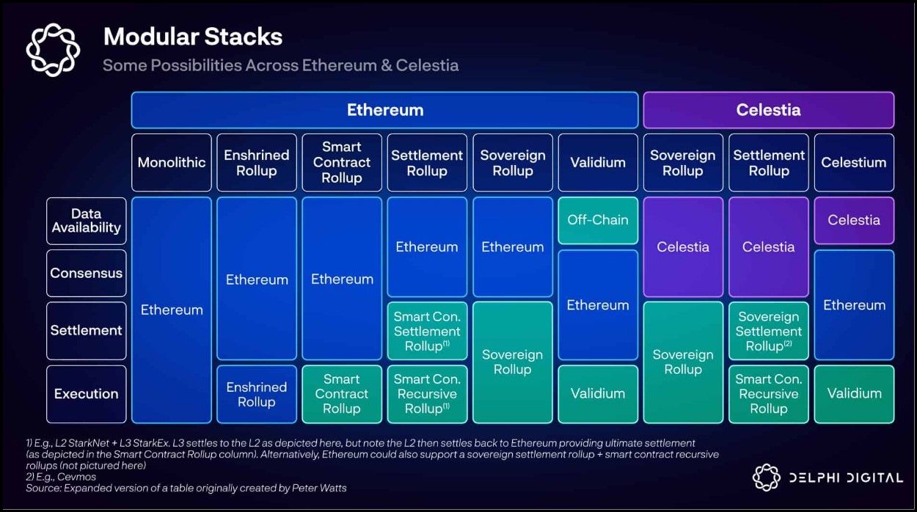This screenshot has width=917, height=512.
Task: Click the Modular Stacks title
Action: (x=193, y=37)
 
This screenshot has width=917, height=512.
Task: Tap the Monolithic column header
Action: (x=172, y=162)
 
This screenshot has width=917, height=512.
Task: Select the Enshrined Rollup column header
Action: (x=257, y=162)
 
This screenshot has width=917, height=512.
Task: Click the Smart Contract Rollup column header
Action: (x=342, y=162)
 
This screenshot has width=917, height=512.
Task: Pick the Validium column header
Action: (x=598, y=162)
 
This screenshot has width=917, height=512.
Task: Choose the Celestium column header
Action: (x=854, y=162)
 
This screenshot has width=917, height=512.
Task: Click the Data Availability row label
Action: (x=86, y=221)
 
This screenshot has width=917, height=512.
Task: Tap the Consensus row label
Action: (x=86, y=273)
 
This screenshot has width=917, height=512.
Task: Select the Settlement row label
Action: (x=86, y=330)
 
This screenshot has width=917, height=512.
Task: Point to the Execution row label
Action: (x=86, y=394)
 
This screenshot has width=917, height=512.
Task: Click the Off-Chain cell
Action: (x=598, y=219)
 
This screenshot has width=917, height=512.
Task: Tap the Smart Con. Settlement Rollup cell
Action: (x=427, y=331)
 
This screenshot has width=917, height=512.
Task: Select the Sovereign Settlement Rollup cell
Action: (x=769, y=331)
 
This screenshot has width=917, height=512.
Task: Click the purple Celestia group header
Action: (x=768, y=110)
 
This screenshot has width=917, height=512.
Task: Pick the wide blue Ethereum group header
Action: (x=385, y=110)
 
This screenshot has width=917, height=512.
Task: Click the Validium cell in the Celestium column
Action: (x=854, y=394)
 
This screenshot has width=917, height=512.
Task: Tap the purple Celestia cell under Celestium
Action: (x=854, y=219)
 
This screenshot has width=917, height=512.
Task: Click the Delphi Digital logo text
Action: (x=845, y=478)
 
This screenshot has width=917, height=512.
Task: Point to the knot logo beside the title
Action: (x=52, y=50)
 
